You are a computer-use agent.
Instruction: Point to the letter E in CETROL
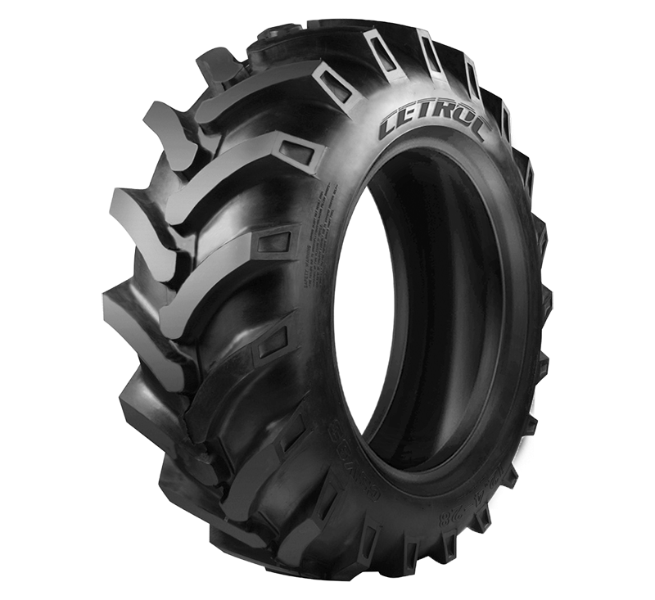(x=409, y=122)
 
